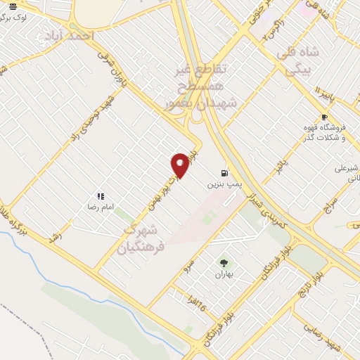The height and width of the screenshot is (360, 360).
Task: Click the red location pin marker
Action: point(180,165)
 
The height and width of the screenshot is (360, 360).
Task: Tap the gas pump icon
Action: point(224,172)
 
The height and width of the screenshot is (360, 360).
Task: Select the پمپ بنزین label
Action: point(224,184)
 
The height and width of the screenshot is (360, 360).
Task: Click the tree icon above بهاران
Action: point(224,262)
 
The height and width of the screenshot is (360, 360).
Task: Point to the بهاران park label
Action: point(224,274)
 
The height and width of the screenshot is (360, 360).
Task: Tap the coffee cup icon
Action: point(324,117)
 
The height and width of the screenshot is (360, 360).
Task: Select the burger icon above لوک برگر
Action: point(13,6)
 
